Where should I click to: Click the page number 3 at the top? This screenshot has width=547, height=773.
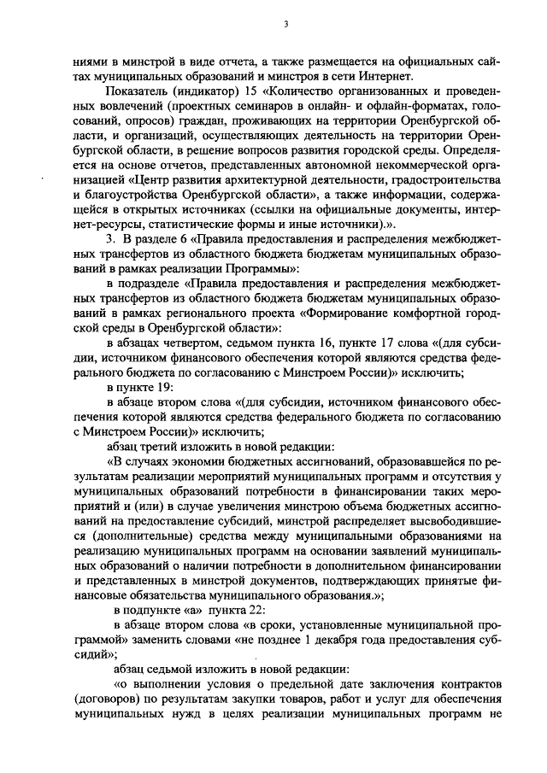(x=285, y=24)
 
